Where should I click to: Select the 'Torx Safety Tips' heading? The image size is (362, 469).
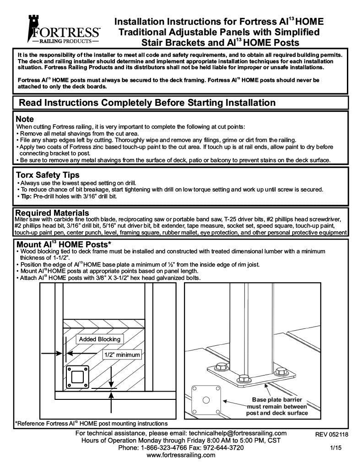[48, 175]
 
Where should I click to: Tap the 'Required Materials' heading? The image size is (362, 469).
[52, 213]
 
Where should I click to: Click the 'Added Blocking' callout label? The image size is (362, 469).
[99, 339]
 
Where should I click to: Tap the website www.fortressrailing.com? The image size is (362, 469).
[181, 455]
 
